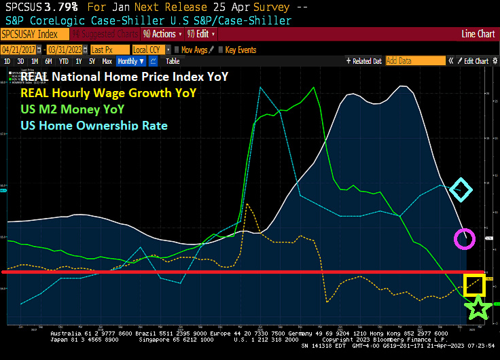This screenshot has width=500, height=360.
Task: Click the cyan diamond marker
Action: click(461, 190)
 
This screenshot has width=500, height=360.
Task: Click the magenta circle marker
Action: click(465, 238)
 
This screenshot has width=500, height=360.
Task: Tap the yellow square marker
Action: click(474, 284)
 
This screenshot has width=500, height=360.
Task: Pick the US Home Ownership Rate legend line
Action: click(94, 125)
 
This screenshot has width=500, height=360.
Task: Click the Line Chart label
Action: click(478, 33)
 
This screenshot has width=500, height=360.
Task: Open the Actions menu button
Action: click(160, 33)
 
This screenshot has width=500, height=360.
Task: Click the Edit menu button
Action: click(202, 33)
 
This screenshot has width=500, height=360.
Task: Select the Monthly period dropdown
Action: click(131, 61)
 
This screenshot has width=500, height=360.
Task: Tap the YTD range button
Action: click(64, 61)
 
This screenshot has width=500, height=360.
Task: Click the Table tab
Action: click(173, 61)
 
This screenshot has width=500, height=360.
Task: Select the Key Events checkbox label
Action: click(240, 50)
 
